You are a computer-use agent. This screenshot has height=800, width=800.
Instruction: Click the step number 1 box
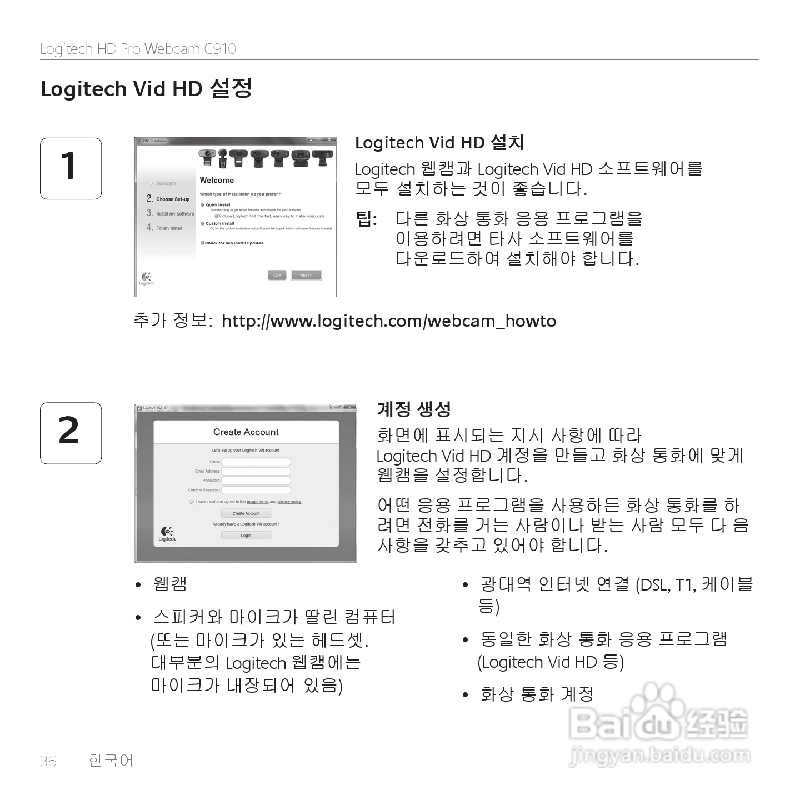pyautogui.click(x=71, y=168)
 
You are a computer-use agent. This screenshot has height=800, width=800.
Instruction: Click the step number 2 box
pyautogui.click(x=71, y=433)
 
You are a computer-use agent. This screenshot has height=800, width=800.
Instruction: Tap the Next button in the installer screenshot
pyautogui.click(x=306, y=275)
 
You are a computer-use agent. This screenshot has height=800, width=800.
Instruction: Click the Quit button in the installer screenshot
pyautogui.click(x=277, y=275)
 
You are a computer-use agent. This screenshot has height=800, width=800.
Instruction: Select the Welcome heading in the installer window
pyautogui.click(x=217, y=181)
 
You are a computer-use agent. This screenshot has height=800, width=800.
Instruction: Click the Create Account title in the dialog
pyautogui.click(x=246, y=432)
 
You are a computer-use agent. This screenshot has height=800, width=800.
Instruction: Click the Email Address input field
pyautogui.click(x=256, y=471)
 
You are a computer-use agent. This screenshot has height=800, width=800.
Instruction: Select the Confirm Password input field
pyautogui.click(x=256, y=490)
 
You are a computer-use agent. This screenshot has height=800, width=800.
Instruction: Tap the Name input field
pyautogui.click(x=256, y=462)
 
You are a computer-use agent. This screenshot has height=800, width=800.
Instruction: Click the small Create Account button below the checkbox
pyautogui.click(x=246, y=513)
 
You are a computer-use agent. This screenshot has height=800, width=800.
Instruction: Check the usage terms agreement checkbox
pyautogui.click(x=192, y=502)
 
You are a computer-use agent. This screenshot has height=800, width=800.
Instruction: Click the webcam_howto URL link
pyautogui.click(x=389, y=321)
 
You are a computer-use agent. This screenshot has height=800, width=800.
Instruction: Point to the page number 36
pyautogui.click(x=48, y=761)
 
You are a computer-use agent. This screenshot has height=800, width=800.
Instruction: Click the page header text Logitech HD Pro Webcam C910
pyautogui.click(x=138, y=49)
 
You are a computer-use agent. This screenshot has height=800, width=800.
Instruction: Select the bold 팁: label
pyautogui.click(x=366, y=219)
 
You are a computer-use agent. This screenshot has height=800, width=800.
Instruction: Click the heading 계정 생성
pyautogui.click(x=414, y=409)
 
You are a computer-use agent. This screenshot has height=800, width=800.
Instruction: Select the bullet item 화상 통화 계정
pyautogui.click(x=537, y=694)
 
